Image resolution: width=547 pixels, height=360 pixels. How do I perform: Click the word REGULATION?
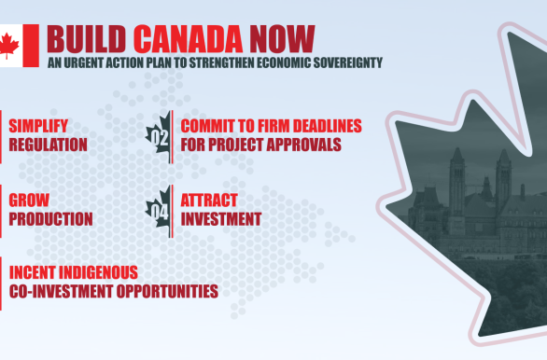49,145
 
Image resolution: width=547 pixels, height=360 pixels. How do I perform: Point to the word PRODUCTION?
50,219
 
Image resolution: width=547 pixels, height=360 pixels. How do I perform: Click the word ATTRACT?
209,201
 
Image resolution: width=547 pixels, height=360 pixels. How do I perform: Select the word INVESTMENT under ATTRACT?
220,219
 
